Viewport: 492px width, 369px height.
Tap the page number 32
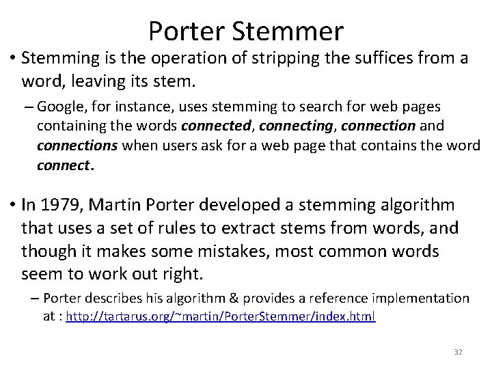459,351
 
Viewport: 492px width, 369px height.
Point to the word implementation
421,299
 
